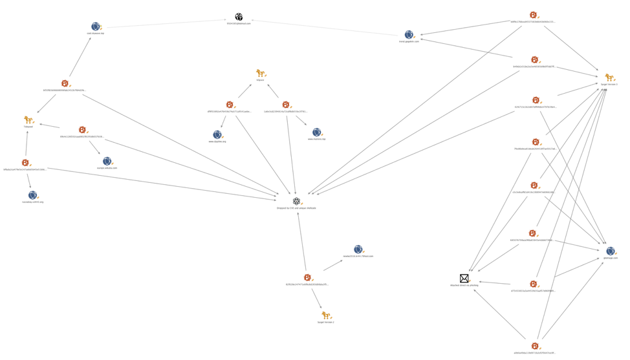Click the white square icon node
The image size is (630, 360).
(239, 16)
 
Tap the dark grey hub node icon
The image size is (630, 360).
(296, 201)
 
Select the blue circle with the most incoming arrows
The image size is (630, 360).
(610, 251)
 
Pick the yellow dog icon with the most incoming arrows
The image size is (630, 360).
(608, 77)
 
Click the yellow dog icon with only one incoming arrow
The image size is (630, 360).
(326, 315)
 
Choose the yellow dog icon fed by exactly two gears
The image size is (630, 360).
(261, 74)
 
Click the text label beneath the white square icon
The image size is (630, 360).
(239, 23)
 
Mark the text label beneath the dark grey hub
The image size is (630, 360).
(296, 208)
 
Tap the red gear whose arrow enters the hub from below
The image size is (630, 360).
(307, 277)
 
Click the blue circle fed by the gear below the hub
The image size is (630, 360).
(358, 249)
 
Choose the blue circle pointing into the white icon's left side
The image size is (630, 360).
(96, 26)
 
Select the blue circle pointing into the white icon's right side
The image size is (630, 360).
(409, 35)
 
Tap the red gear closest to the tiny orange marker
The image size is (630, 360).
(533, 284)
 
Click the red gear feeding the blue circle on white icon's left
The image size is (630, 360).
(65, 83)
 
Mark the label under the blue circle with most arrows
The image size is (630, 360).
(610, 258)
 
